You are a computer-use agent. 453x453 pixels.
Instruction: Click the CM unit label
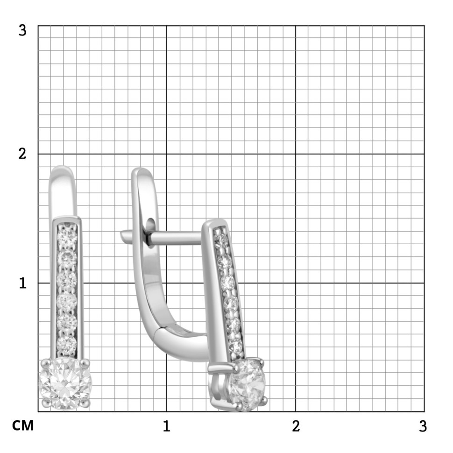pyautogui.click(x=23, y=425)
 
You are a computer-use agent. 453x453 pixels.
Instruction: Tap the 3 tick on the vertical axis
pyautogui.click(x=22, y=30)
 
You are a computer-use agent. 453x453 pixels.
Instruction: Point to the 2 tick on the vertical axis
pyautogui.click(x=22, y=154)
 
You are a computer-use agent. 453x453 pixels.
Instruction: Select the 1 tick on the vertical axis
pyautogui.click(x=23, y=283)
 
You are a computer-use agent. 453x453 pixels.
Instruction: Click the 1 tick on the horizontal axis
pyautogui.click(x=166, y=426)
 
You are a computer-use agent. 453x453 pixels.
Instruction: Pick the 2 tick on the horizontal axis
pyautogui.click(x=296, y=426)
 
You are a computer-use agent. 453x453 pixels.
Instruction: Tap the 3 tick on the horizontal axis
pyautogui.click(x=423, y=426)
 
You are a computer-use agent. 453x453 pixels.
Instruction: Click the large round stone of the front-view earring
pyautogui.click(x=65, y=384)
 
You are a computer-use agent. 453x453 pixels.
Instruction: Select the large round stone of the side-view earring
pyautogui.click(x=247, y=384)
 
